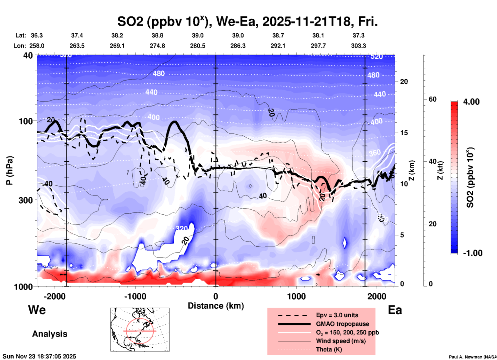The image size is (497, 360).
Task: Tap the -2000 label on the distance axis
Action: click(55, 296)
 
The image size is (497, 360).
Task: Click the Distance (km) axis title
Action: click(216, 306)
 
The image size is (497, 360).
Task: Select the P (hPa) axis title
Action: click(10, 170)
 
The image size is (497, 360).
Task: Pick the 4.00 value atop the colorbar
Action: click(471, 101)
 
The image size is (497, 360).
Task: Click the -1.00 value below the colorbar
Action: click(472, 253)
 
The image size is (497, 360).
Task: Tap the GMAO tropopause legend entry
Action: click(342, 324)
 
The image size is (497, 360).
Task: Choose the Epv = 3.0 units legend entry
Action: click(337, 315)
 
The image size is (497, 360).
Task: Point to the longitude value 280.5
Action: click(198, 46)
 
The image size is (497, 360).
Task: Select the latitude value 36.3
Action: click(37, 35)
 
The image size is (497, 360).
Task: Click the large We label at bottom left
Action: click(37, 310)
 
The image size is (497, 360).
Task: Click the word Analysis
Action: click(50, 334)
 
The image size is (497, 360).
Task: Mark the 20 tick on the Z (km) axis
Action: click(404, 82)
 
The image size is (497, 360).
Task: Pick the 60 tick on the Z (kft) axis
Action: click(432, 99)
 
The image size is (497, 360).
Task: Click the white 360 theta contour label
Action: click(374, 153)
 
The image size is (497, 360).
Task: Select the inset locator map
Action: click(140, 330)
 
